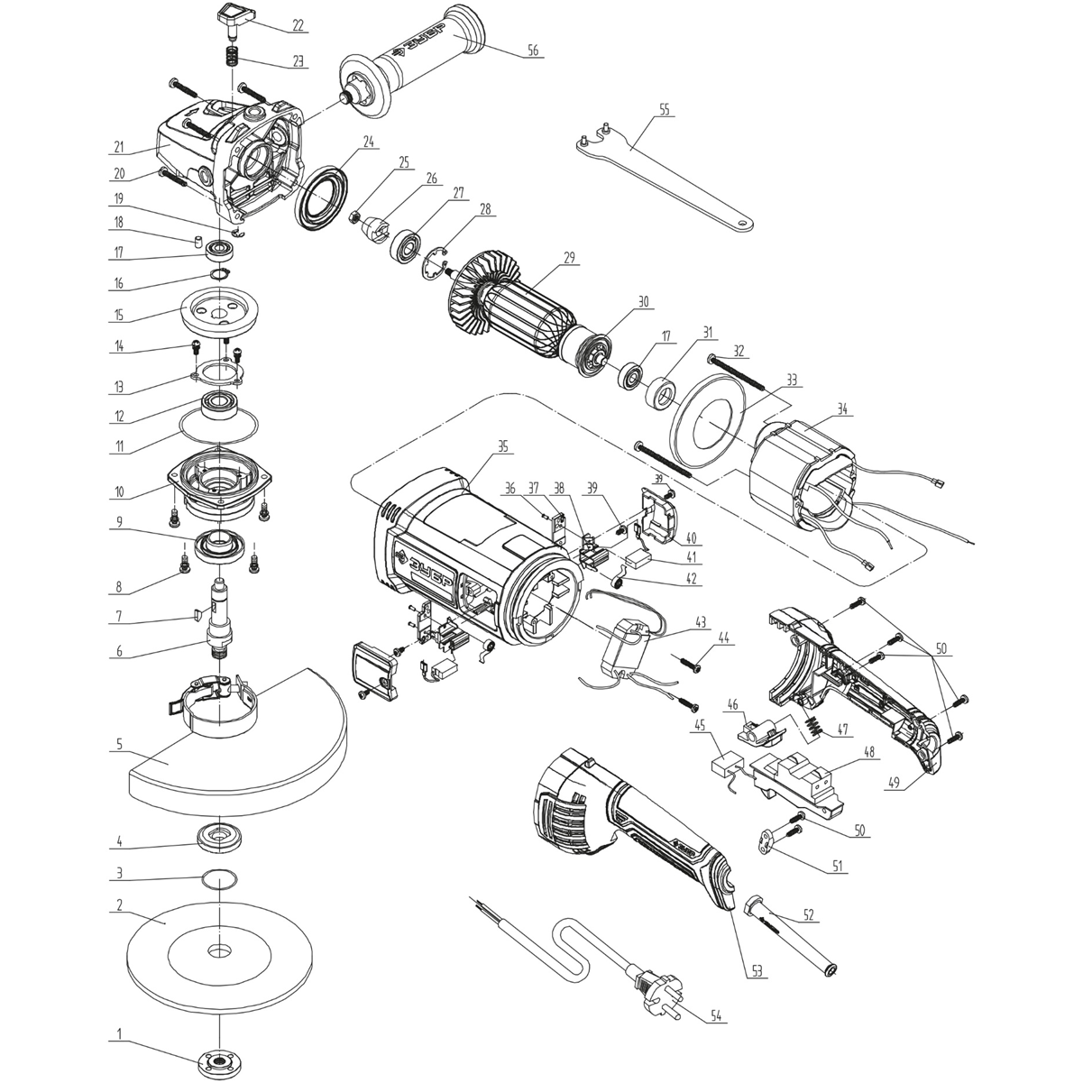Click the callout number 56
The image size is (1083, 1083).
coord(533,51)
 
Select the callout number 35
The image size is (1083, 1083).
coord(502,445)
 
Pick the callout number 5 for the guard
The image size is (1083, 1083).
coord(118,746)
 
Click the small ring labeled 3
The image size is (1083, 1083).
coord(220,877)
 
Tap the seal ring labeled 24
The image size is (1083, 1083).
coord(324,199)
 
